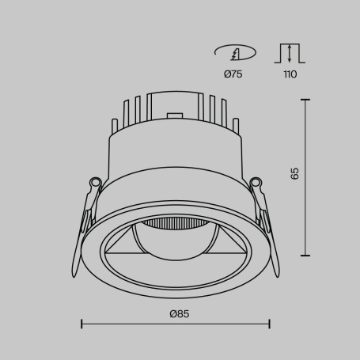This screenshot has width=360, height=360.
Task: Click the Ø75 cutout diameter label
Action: (233, 74)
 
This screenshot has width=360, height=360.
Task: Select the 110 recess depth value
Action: (290, 74)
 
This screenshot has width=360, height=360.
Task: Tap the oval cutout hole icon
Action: (234, 53)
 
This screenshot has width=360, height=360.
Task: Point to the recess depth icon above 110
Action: (290, 53)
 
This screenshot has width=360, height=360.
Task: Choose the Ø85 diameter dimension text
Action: (179, 313)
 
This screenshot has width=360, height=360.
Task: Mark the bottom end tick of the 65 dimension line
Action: (305, 255)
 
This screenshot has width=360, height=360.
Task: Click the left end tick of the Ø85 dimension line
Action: (82, 324)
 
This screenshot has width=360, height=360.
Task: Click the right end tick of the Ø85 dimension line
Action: (270, 324)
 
